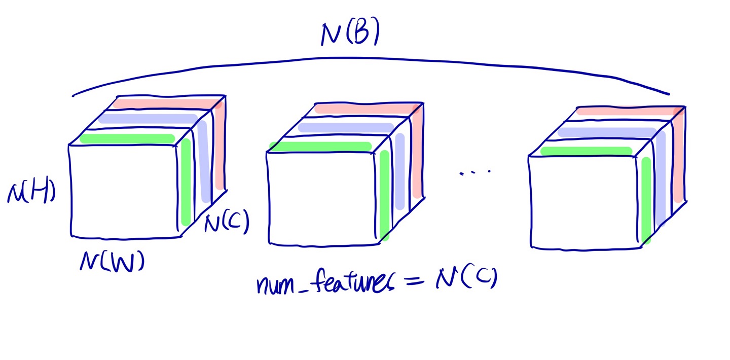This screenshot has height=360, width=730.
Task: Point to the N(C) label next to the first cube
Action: [227, 224]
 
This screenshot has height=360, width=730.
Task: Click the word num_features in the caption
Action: [324, 282]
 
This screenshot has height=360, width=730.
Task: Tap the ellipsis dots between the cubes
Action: [475, 172]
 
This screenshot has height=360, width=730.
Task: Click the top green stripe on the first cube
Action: [127, 138]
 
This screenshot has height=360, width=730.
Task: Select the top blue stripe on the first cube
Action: [147, 119]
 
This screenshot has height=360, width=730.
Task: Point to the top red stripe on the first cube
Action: [162, 103]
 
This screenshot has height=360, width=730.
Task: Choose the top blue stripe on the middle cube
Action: [345, 127]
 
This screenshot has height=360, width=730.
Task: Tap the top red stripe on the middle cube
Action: [365, 109]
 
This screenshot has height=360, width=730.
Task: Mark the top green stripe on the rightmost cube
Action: [586, 151]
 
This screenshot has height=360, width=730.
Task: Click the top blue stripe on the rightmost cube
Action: [606, 133]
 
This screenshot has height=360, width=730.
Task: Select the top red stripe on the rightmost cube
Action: [626, 111]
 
